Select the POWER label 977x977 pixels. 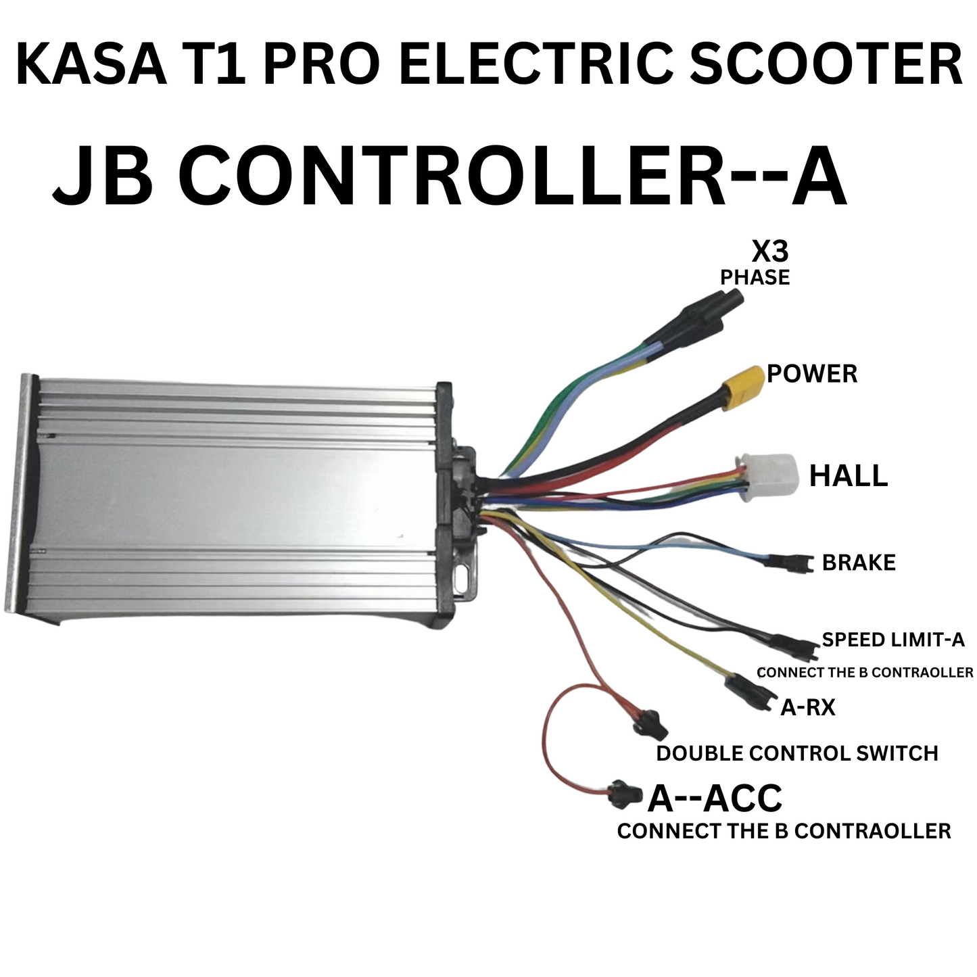click(812, 374)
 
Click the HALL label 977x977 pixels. click(848, 476)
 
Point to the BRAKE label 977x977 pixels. click(859, 563)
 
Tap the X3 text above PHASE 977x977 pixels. click(770, 253)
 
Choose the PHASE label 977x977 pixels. click(755, 278)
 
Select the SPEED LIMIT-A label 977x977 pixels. click(892, 640)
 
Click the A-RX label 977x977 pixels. click(808, 708)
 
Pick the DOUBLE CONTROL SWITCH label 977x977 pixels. click(796, 753)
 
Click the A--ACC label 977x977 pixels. click(715, 799)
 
